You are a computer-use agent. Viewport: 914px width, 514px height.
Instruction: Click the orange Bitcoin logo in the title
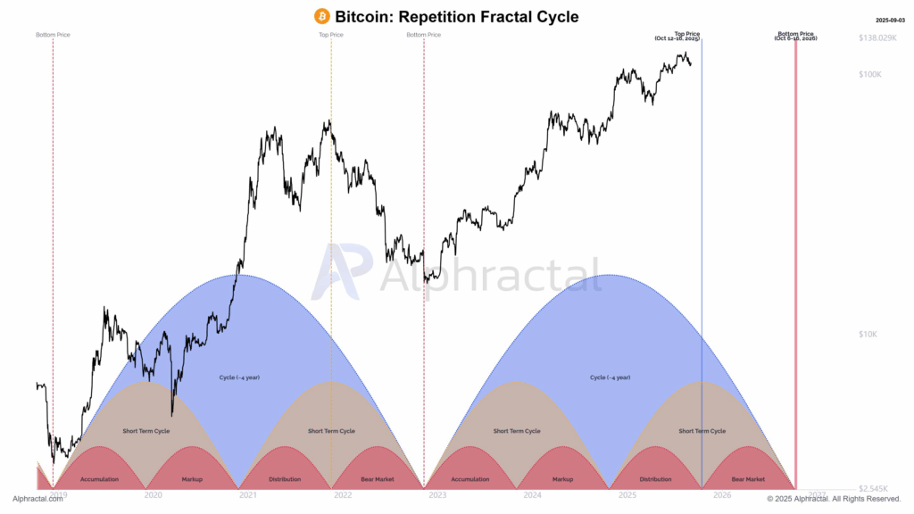point(322,16)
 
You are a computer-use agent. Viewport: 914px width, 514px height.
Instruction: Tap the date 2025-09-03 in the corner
point(889,19)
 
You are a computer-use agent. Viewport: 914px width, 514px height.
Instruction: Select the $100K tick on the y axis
point(870,75)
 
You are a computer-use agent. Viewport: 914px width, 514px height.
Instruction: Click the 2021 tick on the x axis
point(248,494)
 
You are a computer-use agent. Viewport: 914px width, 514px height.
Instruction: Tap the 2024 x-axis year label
point(533,494)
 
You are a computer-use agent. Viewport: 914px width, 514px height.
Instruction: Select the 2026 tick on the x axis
point(722,494)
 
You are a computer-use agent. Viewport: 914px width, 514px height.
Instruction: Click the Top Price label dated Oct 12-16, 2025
point(687,37)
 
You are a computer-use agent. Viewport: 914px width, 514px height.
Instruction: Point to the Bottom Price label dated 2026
point(795,37)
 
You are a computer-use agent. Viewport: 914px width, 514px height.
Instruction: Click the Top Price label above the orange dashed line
point(331,35)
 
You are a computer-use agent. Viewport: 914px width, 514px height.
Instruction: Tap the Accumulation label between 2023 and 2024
point(469,479)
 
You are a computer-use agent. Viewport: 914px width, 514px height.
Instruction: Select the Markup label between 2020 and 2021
point(192,479)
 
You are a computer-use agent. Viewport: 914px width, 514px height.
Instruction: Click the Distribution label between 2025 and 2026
point(655,479)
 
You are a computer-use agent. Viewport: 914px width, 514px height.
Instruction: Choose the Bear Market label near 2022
point(378,479)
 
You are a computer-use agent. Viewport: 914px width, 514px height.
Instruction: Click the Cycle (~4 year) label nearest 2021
point(239,377)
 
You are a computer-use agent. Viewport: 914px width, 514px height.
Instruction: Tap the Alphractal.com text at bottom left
point(37,499)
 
